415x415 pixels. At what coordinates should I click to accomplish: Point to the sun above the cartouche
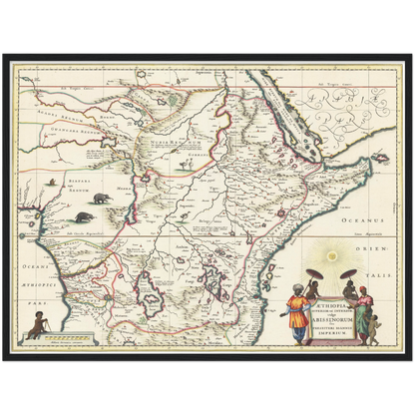(333, 271)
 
